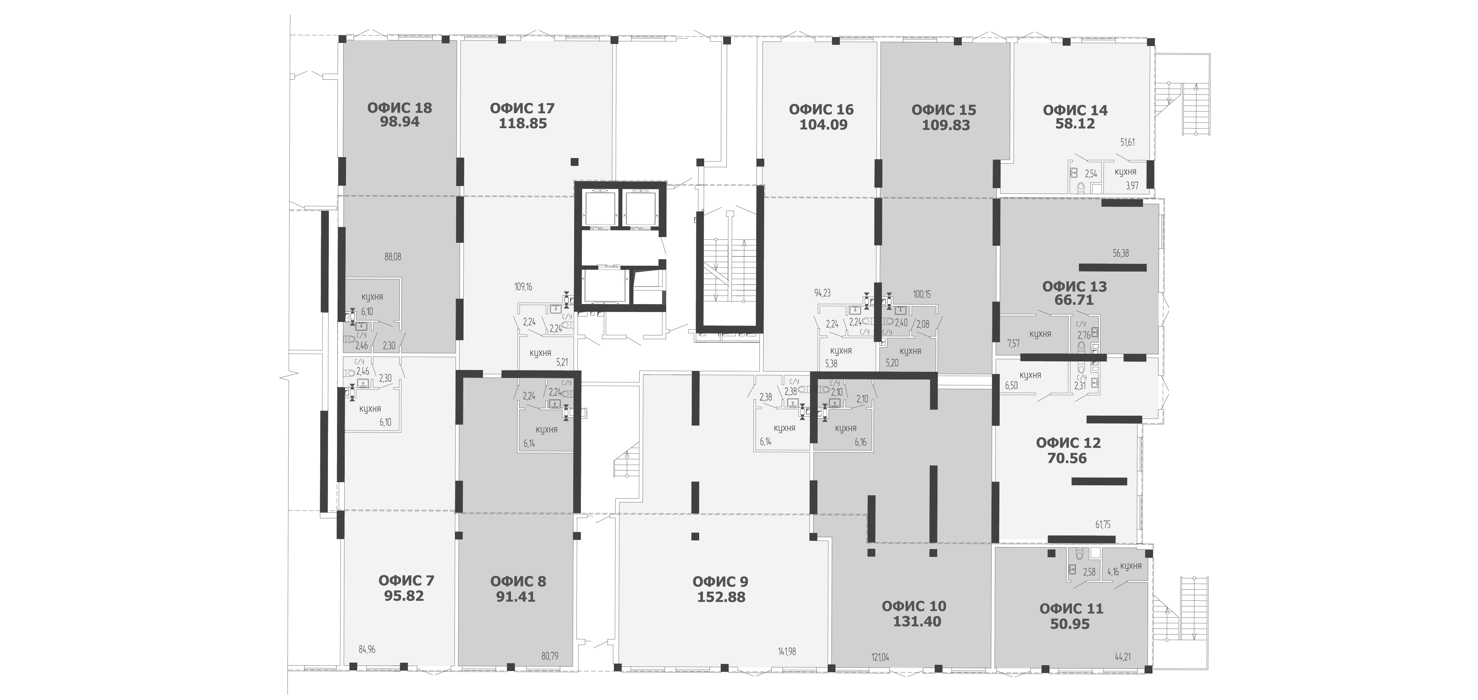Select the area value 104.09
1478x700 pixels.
(x=823, y=124)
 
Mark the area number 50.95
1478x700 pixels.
(x=1070, y=624)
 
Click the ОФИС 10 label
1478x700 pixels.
(x=914, y=606)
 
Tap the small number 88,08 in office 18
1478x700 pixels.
(x=393, y=256)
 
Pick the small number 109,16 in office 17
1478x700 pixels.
(x=523, y=286)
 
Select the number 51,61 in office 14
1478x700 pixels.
(x=1127, y=142)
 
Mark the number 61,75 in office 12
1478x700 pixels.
(x=1103, y=525)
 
